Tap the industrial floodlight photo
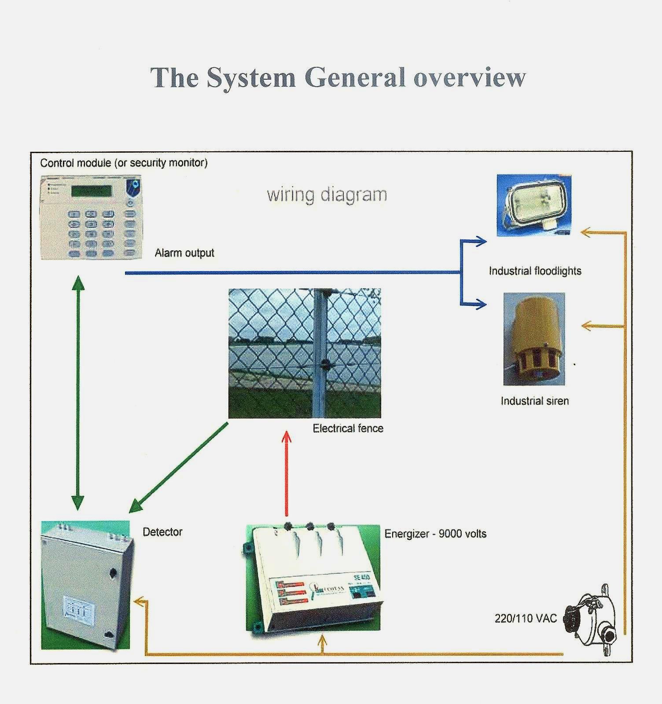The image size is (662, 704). pyautogui.click(x=534, y=205)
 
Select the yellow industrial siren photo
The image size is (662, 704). pyautogui.click(x=534, y=339)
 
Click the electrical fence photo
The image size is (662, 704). pyautogui.click(x=305, y=353)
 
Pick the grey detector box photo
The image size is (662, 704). pyautogui.click(x=86, y=585)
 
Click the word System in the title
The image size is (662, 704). pyautogui.click(x=251, y=78)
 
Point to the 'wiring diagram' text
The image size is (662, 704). pyautogui.click(x=327, y=194)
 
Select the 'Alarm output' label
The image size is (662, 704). pyautogui.click(x=184, y=253)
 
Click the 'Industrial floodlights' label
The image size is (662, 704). pyautogui.click(x=535, y=271)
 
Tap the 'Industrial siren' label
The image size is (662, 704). pyautogui.click(x=534, y=401)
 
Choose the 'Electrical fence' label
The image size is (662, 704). pyautogui.click(x=348, y=429)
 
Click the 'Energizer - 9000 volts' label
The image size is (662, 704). pyautogui.click(x=435, y=534)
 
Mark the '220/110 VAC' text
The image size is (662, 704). pyautogui.click(x=526, y=618)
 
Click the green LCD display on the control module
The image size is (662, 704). pyautogui.click(x=92, y=191)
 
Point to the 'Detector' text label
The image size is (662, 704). pyautogui.click(x=162, y=532)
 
